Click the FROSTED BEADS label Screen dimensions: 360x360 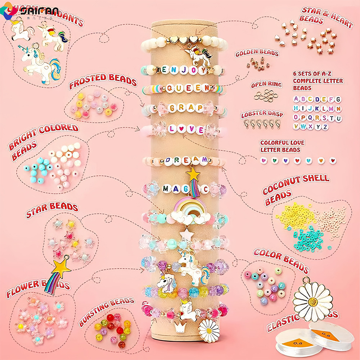pos(103,81)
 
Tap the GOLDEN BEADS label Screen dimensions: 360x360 pos(257,53)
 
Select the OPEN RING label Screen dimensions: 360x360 pos(266,85)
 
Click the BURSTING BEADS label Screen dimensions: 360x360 pos(106,311)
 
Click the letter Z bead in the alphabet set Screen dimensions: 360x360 pos(325,127)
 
